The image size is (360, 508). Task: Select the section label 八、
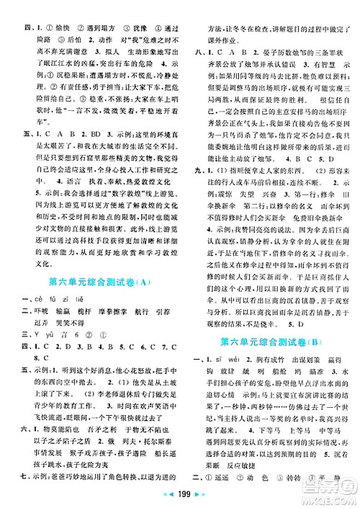(x=194, y=53)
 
